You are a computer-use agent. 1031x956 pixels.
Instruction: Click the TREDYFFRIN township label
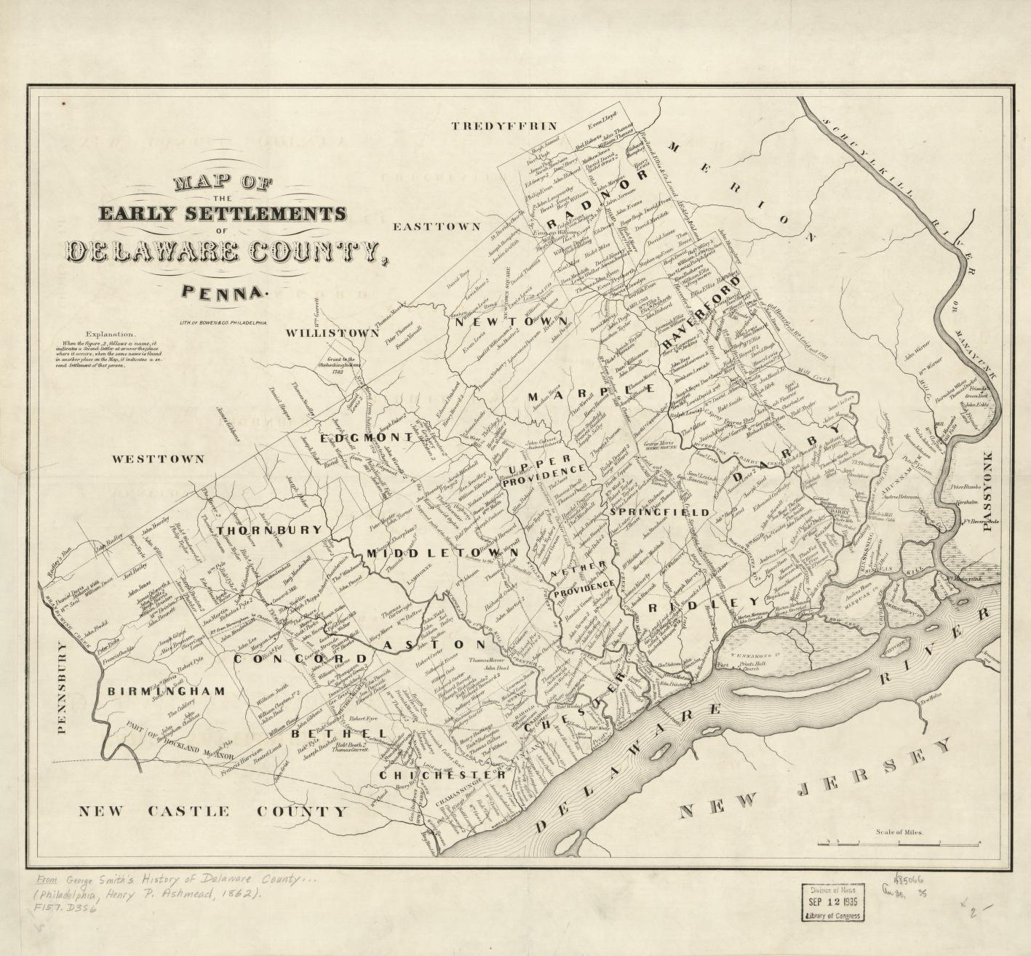click(493, 127)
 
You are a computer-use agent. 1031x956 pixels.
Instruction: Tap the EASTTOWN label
click(437, 227)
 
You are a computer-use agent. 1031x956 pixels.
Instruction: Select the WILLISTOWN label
click(332, 332)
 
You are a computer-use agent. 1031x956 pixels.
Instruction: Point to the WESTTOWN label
click(158, 460)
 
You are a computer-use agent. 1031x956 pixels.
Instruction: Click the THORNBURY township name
click(268, 530)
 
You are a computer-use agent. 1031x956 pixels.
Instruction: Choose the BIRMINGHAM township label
click(166, 691)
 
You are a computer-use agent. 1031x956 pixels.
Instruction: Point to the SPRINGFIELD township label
click(659, 512)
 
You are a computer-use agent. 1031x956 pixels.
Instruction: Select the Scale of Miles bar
click(899, 843)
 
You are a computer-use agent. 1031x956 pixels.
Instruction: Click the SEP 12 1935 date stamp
click(833, 902)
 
